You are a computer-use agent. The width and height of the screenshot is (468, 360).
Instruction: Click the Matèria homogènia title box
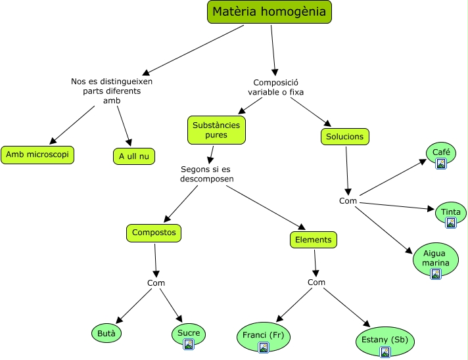click(269, 12)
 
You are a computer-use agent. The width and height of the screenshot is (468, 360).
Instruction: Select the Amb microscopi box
click(37, 155)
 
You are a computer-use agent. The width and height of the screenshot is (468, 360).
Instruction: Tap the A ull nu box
click(133, 156)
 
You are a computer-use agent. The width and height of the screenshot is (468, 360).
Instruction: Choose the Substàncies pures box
click(216, 130)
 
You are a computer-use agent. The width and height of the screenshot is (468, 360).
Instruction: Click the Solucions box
click(345, 137)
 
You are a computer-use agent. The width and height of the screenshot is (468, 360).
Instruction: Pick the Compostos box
click(153, 233)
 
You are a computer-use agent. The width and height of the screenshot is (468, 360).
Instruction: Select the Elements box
click(314, 240)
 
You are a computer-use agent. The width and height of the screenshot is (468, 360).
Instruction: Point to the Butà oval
click(106, 333)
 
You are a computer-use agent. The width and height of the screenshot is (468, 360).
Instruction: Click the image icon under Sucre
click(189, 344)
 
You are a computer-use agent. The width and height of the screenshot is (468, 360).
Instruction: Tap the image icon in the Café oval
click(442, 164)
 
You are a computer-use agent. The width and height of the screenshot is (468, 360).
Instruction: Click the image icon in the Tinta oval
click(451, 223)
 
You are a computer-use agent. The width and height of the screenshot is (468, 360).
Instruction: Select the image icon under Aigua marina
click(436, 274)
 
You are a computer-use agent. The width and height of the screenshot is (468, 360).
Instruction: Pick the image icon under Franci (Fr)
click(264, 347)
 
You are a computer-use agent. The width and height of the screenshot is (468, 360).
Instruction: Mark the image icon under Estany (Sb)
click(385, 351)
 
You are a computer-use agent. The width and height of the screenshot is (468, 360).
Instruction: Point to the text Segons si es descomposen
click(207, 174)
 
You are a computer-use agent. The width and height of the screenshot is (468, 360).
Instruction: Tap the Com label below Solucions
click(348, 201)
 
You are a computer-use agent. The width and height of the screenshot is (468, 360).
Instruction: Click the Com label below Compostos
click(156, 283)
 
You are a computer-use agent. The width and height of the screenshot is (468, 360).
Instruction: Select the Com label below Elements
click(316, 282)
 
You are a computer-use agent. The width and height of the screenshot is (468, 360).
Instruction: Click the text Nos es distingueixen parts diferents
click(112, 86)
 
